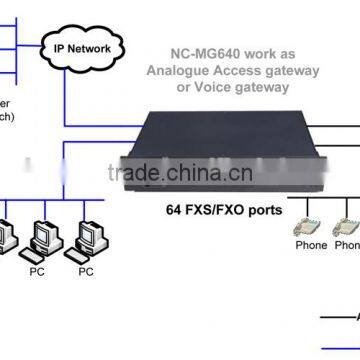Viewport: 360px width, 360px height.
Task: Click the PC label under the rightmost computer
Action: click(x=88, y=270)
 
